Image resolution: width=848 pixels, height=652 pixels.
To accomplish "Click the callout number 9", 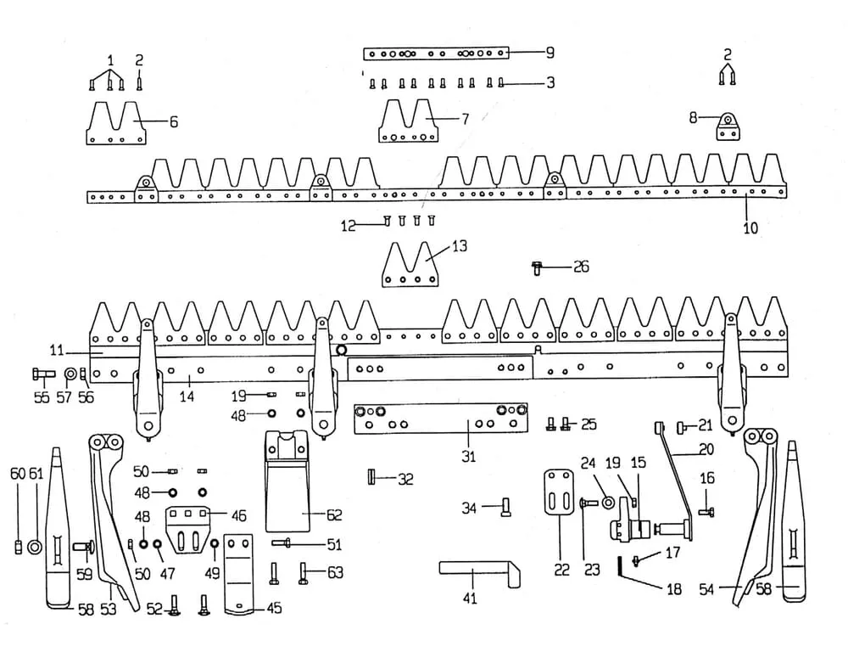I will click(550, 53).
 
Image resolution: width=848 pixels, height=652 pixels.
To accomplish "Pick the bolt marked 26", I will click(536, 267).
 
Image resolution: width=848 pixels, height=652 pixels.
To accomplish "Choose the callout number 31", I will click(468, 457).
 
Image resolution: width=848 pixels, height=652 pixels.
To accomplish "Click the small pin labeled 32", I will click(371, 478).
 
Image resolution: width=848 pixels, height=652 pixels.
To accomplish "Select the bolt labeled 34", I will click(506, 508).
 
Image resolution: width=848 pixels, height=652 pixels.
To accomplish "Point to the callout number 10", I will click(750, 228).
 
